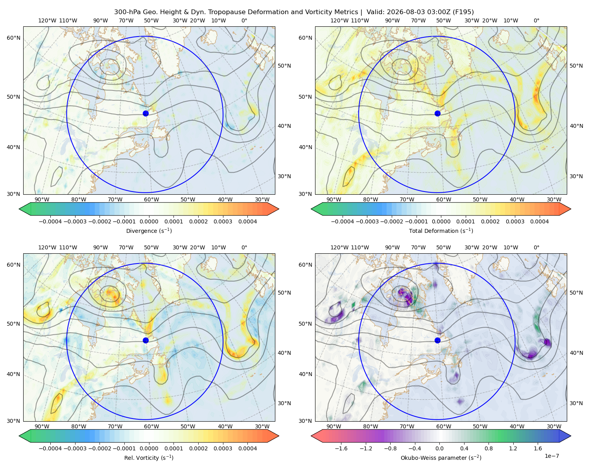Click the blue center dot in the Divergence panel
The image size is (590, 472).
[x=146, y=113]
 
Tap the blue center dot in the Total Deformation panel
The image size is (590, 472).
[x=437, y=113]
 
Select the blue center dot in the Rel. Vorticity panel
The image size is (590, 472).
[x=146, y=340]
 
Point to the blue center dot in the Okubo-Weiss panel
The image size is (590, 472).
[x=437, y=340]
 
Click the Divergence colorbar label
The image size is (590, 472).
[x=149, y=230]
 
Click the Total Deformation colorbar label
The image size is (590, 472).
[x=441, y=230]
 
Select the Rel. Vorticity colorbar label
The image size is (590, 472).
[x=149, y=457]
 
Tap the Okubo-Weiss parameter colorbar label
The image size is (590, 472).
[x=441, y=457]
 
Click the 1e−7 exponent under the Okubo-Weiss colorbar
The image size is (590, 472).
[x=551, y=456]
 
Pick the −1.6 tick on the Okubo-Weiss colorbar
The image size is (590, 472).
[x=341, y=448]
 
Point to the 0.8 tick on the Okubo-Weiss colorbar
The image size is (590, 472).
[x=489, y=448]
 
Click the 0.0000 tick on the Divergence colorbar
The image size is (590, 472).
[x=149, y=221]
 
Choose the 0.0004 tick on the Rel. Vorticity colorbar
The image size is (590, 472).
[x=247, y=448]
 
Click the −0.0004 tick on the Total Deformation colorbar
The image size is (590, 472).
[x=342, y=221]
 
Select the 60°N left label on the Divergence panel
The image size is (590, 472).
[x=13, y=38]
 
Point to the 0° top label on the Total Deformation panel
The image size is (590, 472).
[x=536, y=20]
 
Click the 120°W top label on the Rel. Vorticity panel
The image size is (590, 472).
[x=47, y=247]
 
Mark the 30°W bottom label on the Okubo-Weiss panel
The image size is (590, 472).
[x=554, y=426]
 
